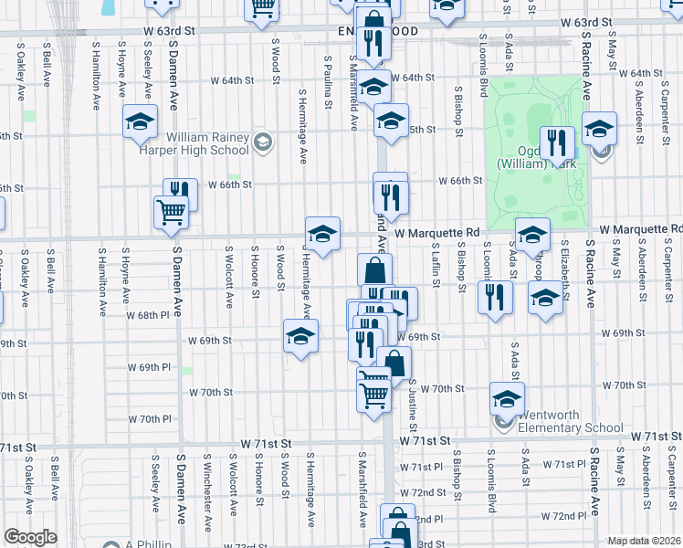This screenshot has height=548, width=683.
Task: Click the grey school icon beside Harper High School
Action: coord(262,142)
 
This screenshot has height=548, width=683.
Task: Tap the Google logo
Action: coord(30,537)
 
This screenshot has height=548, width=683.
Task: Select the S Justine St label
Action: coord(414,406)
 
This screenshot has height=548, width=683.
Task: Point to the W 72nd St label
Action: coord(429,492)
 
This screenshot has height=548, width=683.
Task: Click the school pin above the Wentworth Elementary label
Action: coord(507,398)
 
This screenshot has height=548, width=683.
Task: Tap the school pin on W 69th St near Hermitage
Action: coord(300,337)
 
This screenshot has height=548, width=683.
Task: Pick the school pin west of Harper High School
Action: coord(140,121)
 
